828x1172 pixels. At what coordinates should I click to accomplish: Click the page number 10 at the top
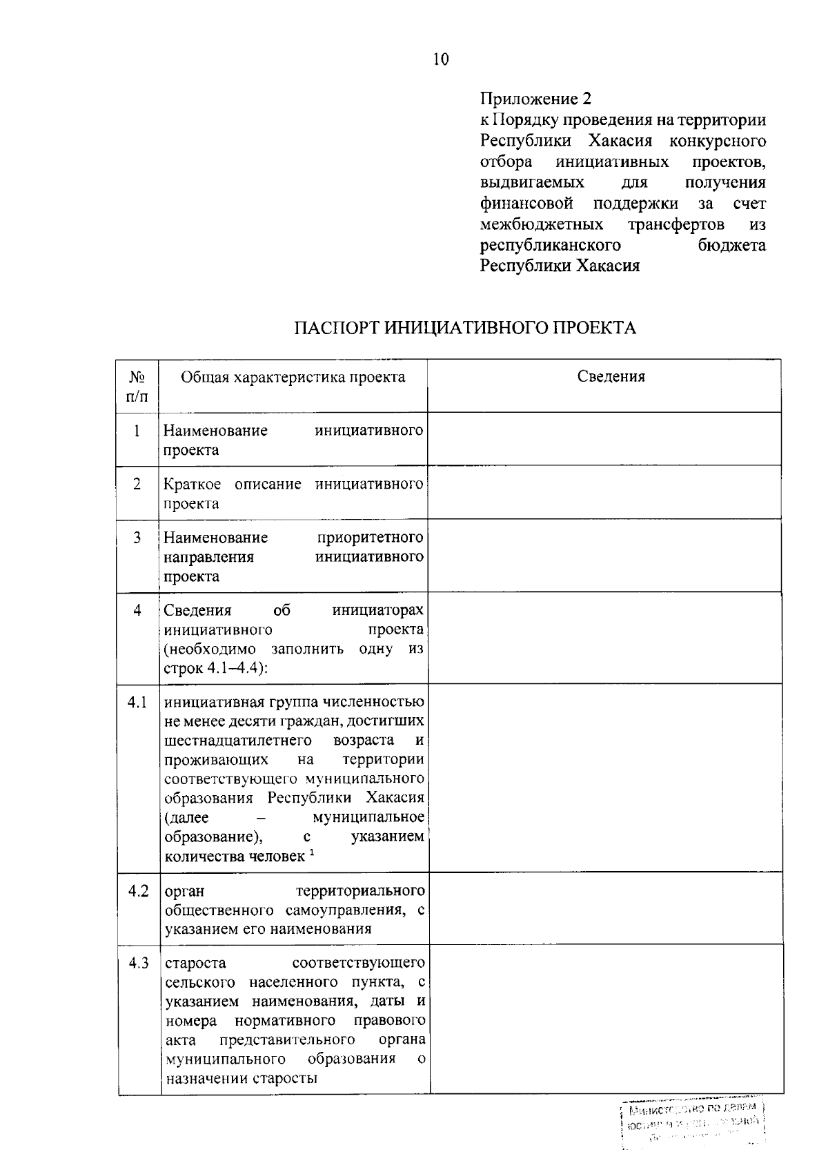441,59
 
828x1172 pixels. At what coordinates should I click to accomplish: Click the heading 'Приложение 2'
536,98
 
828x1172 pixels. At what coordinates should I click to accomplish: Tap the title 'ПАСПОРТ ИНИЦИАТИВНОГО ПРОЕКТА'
466,327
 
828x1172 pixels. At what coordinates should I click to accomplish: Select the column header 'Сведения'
611,376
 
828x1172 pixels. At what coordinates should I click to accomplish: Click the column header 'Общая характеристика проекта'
293,377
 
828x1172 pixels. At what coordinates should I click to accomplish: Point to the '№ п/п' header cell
137,387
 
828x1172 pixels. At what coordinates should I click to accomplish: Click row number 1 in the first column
137,431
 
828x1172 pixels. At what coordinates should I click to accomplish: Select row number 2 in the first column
137,485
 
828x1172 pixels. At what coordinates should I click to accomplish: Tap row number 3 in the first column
137,538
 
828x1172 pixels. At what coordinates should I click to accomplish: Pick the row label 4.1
137,703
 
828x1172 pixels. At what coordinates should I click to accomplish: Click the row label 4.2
138,891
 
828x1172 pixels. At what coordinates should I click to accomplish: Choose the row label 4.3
138,964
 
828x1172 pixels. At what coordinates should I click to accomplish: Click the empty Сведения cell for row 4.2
606,909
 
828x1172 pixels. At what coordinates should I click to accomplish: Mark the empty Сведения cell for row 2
604,492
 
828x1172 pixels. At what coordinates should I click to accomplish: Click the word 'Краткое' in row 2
193,485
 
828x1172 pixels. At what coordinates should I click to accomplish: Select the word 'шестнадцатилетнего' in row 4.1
238,741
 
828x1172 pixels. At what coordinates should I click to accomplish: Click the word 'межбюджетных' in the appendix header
542,225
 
